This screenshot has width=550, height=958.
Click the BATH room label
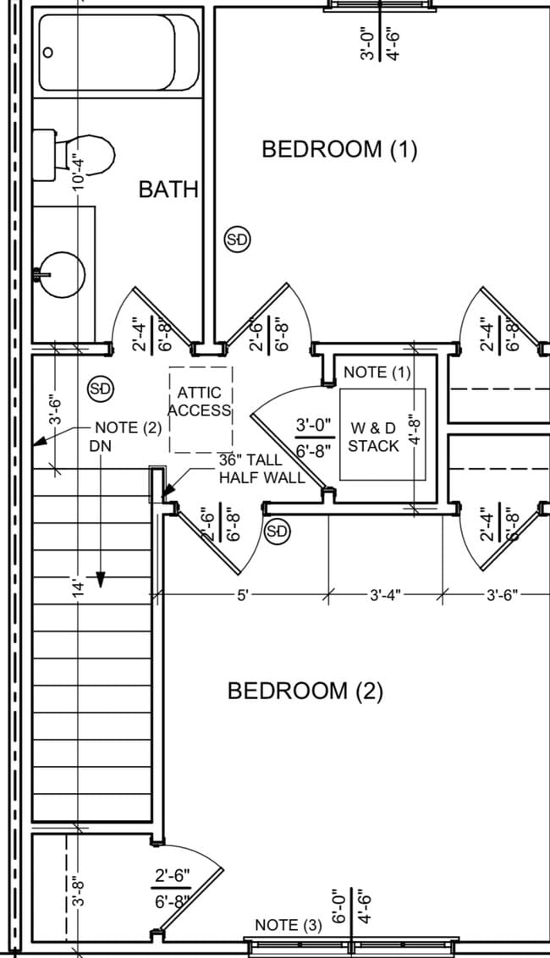pyautogui.click(x=168, y=190)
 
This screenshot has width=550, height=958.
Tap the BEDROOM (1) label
pyautogui.click(x=339, y=149)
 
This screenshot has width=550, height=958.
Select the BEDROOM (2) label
pyautogui.click(x=305, y=691)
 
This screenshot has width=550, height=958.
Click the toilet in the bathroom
pyautogui.click(x=74, y=155)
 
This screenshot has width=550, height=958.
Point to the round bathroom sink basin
pyautogui.click(x=62, y=275)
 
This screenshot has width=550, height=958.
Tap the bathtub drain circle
pyautogui.click(x=47, y=52)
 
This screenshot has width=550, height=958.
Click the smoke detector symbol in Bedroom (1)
pyautogui.click(x=238, y=240)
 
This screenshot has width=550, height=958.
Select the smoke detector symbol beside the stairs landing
pyautogui.click(x=102, y=388)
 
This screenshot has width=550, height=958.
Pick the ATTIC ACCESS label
pyautogui.click(x=200, y=401)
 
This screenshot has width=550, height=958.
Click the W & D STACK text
pyautogui.click(x=373, y=437)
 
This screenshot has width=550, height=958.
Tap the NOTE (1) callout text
pyautogui.click(x=377, y=372)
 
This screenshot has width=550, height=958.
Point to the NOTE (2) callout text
pyautogui.click(x=129, y=427)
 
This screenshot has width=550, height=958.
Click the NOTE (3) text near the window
pyautogui.click(x=288, y=925)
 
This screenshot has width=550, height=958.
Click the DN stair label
pyautogui.click(x=101, y=446)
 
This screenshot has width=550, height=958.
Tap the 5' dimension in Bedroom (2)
pyautogui.click(x=243, y=594)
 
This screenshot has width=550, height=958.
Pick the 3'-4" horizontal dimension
pyautogui.click(x=385, y=594)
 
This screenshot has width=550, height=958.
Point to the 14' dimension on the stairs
pyautogui.click(x=78, y=590)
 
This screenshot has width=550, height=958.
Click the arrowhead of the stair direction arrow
pyautogui.click(x=101, y=580)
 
